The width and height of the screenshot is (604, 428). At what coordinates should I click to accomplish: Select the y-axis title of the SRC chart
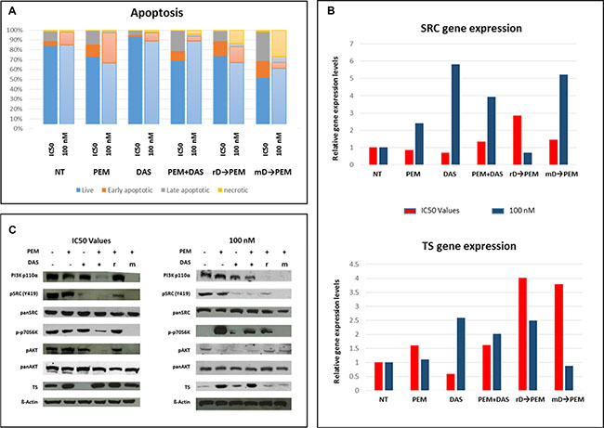pyautogui.click(x=335, y=104)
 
